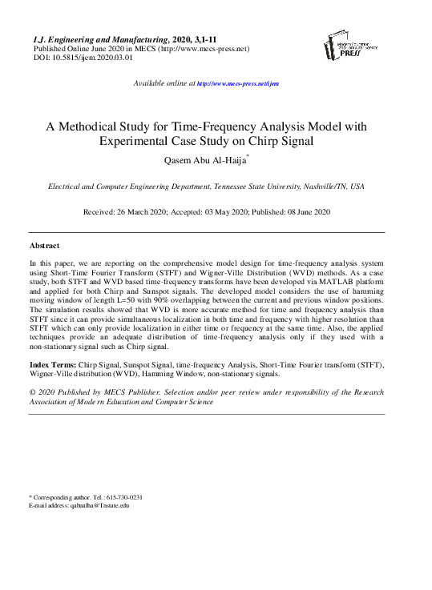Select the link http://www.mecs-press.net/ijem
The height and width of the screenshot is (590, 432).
[x=237, y=83]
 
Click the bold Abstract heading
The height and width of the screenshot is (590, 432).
[x=45, y=245]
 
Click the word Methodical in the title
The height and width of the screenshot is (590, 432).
[x=104, y=126]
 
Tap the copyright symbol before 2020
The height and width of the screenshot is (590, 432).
[x=33, y=393]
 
